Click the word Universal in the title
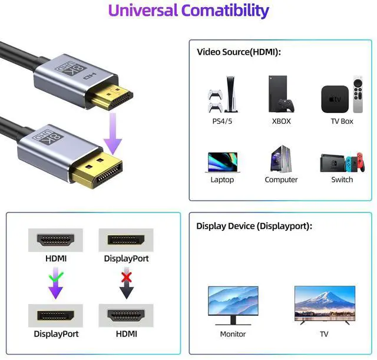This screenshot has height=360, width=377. [x=143, y=10]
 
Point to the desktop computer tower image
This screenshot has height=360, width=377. [x=280, y=158]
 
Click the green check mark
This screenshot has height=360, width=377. [x=56, y=275]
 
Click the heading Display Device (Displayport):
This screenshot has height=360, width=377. [x=254, y=226]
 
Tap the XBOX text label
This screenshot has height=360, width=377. [x=281, y=121]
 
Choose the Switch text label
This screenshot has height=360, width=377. [x=342, y=179]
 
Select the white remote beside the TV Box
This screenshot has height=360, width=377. [x=358, y=94]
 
